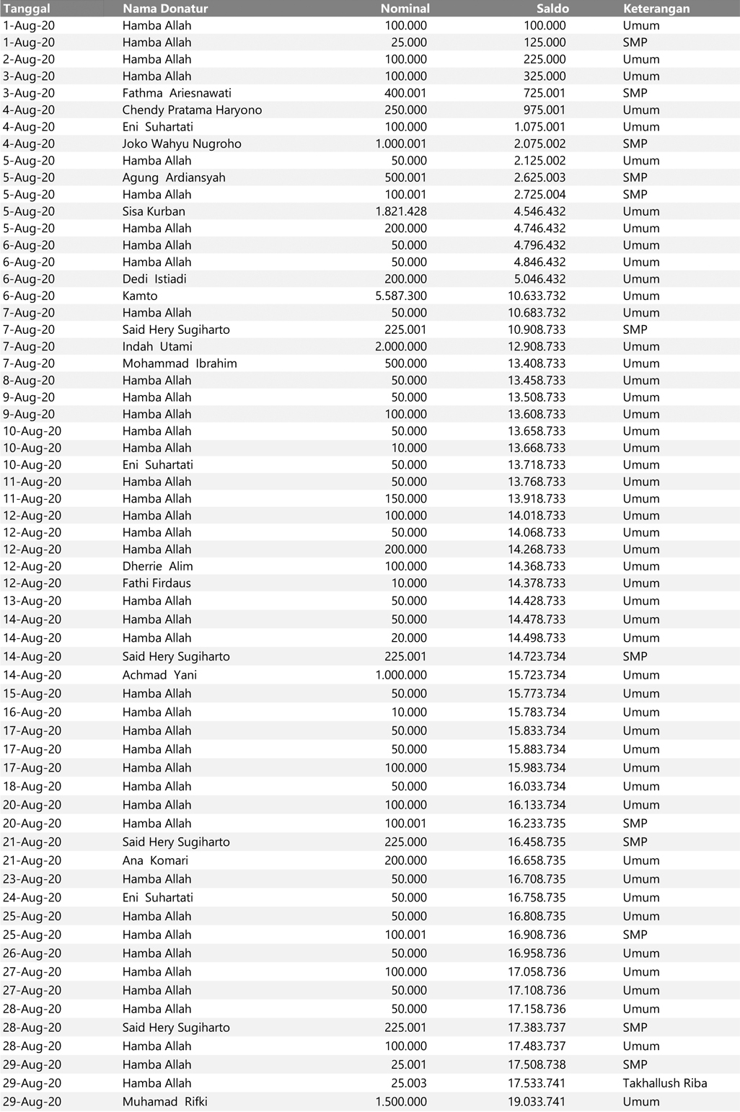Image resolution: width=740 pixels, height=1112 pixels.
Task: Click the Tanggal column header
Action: point(27,9)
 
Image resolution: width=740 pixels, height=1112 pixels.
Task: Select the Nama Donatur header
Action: point(165,9)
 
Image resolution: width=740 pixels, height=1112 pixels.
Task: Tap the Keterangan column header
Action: point(656,9)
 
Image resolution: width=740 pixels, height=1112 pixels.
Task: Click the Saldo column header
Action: point(552,9)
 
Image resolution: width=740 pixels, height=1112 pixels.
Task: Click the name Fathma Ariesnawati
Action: point(177,93)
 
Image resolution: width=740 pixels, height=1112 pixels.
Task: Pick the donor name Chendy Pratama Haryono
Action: point(192,110)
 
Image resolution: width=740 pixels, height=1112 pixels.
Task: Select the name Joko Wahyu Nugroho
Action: point(182,144)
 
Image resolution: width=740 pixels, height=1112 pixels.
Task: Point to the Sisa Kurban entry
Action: point(154,211)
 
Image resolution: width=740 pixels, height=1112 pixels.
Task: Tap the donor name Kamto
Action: point(140,296)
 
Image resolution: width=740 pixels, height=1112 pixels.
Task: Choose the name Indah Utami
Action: point(157,346)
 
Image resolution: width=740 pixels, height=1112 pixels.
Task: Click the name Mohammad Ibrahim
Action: point(180,363)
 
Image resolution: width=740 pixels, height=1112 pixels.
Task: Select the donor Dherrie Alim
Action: point(157,566)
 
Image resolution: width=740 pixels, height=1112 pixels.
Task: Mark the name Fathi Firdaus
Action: point(157,583)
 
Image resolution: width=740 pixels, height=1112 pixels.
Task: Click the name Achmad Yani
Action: point(159,675)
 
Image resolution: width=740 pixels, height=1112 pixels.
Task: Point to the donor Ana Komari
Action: point(155,860)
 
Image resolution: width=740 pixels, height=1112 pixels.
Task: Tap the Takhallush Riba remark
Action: point(664,1083)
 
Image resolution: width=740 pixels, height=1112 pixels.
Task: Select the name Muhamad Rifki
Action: point(164,1102)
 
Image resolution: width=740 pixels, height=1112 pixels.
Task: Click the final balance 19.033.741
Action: point(537,1102)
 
